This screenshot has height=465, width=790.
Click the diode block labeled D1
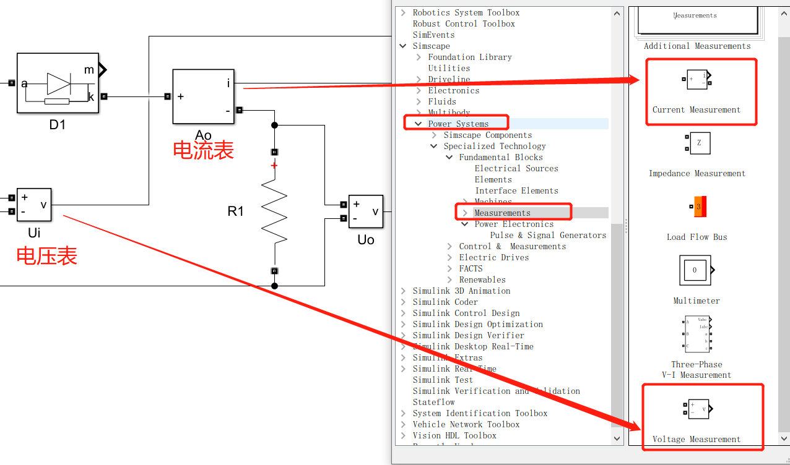tap(58, 83)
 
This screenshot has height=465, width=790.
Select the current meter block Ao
tap(203, 96)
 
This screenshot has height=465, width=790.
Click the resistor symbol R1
tap(274, 212)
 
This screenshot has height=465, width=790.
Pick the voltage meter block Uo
tap(365, 211)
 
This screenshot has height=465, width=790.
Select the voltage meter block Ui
tap(33, 205)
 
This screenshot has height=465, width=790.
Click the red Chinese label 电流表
tap(203, 150)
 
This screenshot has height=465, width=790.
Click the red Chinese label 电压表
tap(46, 255)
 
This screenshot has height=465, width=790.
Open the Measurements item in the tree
tap(502, 213)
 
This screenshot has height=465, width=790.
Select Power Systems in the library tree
tap(458, 124)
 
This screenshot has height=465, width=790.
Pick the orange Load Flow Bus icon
tap(697, 207)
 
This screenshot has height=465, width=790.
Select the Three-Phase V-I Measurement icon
tap(697, 334)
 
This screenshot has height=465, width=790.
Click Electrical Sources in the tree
tap(516, 168)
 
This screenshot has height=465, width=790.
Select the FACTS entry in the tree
tap(471, 268)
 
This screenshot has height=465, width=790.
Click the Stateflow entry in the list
tap(433, 402)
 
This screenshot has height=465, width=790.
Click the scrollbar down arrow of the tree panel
tap(617, 438)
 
